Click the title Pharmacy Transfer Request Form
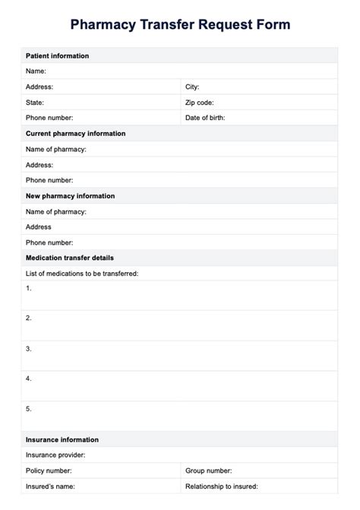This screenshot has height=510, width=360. [180, 25]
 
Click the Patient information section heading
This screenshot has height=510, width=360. [57, 56]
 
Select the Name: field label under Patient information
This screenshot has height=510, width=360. [36, 71]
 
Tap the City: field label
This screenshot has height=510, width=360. [192, 87]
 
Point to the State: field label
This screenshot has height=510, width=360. [35, 102]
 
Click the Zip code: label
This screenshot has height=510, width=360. [199, 102]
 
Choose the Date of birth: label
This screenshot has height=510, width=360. [204, 118]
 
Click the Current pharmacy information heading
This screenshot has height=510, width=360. [75, 134]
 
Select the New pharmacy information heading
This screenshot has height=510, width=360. [71, 196]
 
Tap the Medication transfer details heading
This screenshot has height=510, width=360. [70, 258]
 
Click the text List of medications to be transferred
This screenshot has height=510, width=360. [82, 273]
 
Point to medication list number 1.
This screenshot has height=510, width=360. [29, 288]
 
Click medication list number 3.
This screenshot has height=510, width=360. [29, 349]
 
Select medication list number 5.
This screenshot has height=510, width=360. [29, 409]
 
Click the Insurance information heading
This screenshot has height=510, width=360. [62, 439]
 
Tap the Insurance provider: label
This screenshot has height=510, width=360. [55, 455]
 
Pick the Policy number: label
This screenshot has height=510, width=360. [49, 470]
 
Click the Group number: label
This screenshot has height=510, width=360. [208, 470]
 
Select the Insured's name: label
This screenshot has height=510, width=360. [50, 486]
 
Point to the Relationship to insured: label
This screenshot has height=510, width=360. [221, 486]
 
